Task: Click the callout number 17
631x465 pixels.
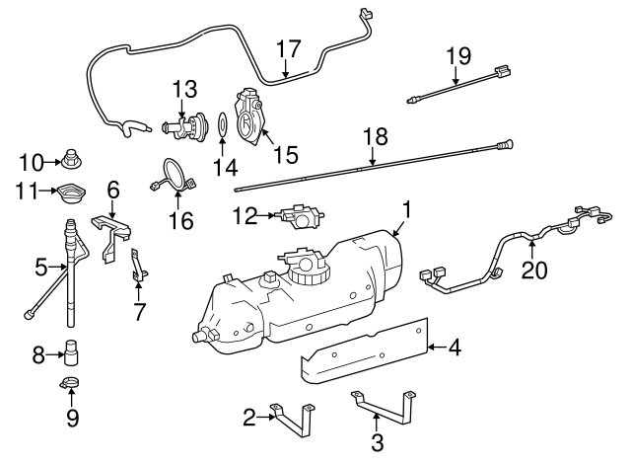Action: click(287, 48)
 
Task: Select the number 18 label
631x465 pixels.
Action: click(375, 137)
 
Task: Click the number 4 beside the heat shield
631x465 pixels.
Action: click(455, 347)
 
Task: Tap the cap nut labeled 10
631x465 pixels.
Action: click(73, 155)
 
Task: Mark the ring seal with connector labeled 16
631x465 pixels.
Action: click(174, 176)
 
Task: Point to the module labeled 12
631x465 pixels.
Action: click(295, 214)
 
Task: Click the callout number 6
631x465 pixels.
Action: click(112, 188)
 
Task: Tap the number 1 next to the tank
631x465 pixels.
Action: click(404, 210)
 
